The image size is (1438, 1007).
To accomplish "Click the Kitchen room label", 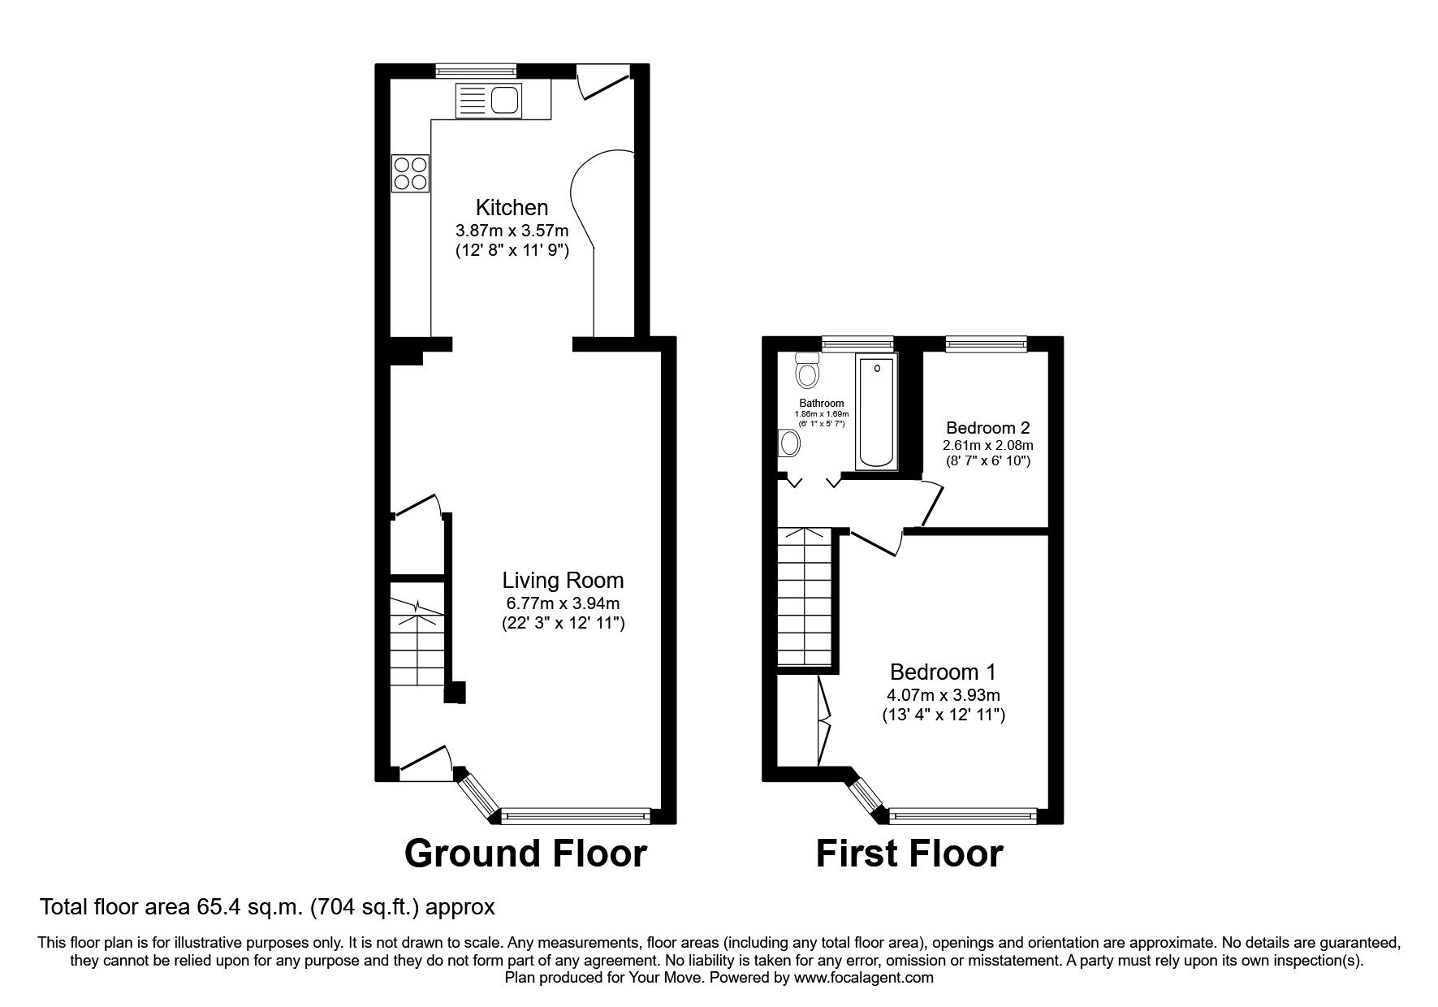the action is [512, 207].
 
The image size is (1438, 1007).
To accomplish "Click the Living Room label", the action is [563, 580].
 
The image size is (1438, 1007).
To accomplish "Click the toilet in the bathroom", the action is [807, 370].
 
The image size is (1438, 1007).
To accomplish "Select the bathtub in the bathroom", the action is [877, 411].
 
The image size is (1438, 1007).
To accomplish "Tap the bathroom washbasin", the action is [789, 443].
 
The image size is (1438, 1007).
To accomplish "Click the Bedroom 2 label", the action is [987, 427].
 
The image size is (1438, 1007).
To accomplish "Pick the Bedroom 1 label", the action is [943, 672].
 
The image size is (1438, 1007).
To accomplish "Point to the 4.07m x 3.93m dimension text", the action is [943, 695].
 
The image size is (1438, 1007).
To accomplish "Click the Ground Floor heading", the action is [525, 854].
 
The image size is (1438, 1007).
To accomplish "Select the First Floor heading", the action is [909, 854].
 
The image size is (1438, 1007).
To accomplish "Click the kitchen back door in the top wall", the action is [602, 81].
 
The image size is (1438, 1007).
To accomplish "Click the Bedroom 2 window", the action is [986, 344].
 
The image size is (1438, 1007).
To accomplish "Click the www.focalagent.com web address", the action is [863, 978].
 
